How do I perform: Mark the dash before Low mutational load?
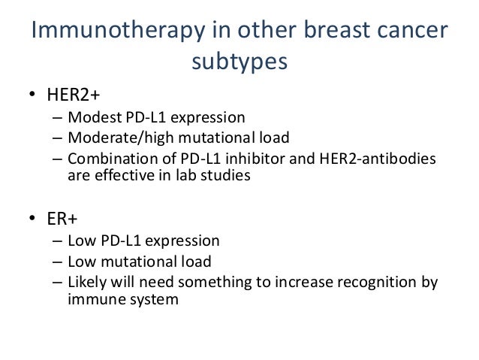(x=58, y=262)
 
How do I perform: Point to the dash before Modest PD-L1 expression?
(x=58, y=117)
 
